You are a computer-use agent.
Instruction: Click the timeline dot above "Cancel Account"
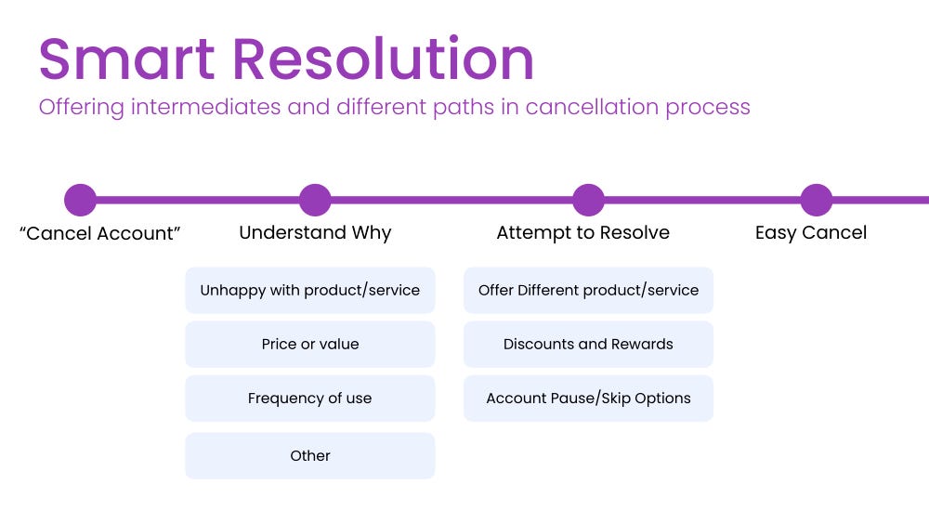pyautogui.click(x=81, y=200)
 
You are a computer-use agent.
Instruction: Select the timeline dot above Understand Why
pyautogui.click(x=315, y=200)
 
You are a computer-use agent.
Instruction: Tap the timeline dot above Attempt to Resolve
pyautogui.click(x=588, y=200)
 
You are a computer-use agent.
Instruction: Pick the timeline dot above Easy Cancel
pyautogui.click(x=817, y=200)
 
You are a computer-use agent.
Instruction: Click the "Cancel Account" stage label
pyautogui.click(x=99, y=233)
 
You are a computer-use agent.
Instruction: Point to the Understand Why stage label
pyautogui.click(x=315, y=232)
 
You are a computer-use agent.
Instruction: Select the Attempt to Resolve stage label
pyautogui.click(x=582, y=232)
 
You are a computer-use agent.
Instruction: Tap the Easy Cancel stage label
pyautogui.click(x=811, y=232)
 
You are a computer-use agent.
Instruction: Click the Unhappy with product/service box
pyautogui.click(x=310, y=291)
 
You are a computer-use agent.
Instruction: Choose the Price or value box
pyautogui.click(x=310, y=344)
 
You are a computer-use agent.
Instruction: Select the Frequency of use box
pyautogui.click(x=310, y=399)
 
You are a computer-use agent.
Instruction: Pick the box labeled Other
pyautogui.click(x=310, y=455)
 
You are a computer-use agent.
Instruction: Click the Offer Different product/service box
pyautogui.click(x=588, y=291)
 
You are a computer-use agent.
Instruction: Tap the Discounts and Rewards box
pyautogui.click(x=588, y=344)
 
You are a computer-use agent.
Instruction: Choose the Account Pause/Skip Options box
pyautogui.click(x=588, y=399)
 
